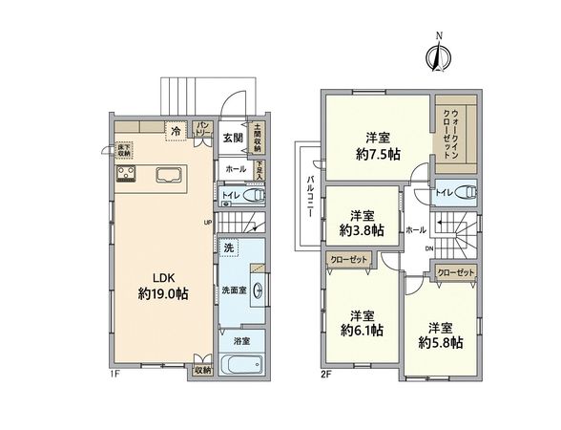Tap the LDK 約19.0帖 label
point(161,287)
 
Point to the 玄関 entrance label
point(233,138)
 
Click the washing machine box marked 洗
point(229,247)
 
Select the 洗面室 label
point(235,290)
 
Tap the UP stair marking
point(207,223)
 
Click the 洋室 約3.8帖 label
point(362,223)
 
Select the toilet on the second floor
point(460,192)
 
